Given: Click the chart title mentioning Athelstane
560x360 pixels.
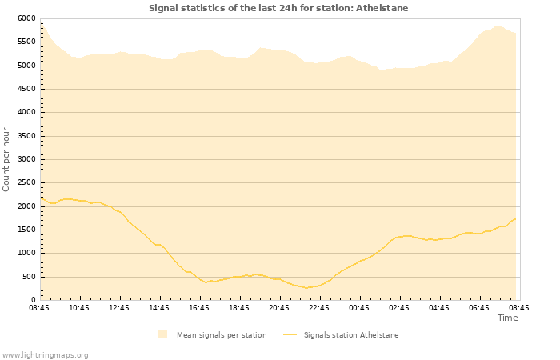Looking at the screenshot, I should tap(278, 8).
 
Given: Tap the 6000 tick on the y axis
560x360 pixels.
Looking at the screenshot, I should tap(26, 18).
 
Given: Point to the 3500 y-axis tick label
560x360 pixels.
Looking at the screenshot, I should tap(26, 136).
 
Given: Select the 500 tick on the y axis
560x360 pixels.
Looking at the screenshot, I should tap(29, 277).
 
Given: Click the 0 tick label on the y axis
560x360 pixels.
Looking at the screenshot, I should tap(34, 300).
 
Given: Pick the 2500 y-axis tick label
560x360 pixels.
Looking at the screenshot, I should tap(26, 183).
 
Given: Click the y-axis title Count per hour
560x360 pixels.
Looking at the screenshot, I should tap(6, 158).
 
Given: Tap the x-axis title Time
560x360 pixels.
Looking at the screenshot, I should tap(507, 318).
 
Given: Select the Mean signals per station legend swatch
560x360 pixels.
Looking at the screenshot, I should tap(163, 334).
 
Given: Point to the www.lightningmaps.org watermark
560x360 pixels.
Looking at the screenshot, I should tap(46, 354).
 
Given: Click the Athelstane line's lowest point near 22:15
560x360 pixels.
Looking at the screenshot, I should tap(307, 288).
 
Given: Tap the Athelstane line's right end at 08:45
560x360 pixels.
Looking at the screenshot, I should tap(515, 218).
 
